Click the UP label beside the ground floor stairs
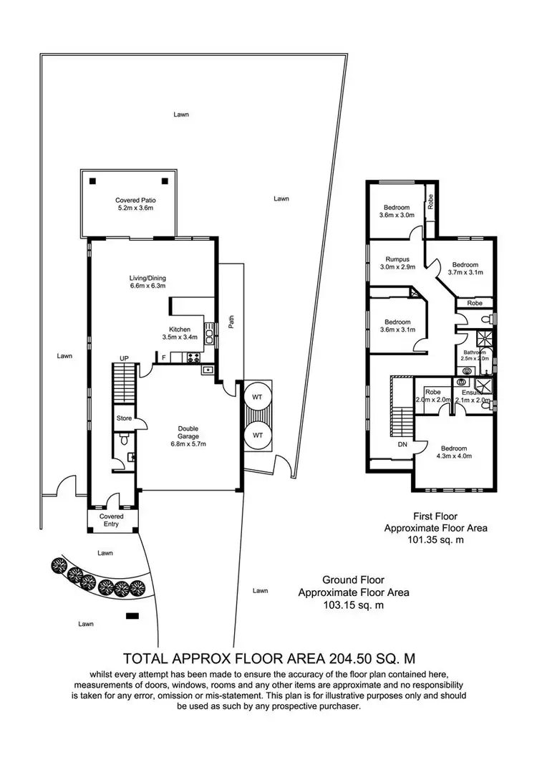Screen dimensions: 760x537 [124, 358]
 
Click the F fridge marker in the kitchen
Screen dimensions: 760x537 [164, 357]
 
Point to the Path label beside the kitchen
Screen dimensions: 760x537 [231, 323]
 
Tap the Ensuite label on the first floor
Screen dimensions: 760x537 [472, 393]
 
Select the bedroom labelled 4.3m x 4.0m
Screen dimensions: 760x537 [455, 451]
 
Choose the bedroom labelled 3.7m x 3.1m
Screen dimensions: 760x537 [466, 268]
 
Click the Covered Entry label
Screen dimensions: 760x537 [111, 519]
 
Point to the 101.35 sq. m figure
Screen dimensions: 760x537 [436, 542]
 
